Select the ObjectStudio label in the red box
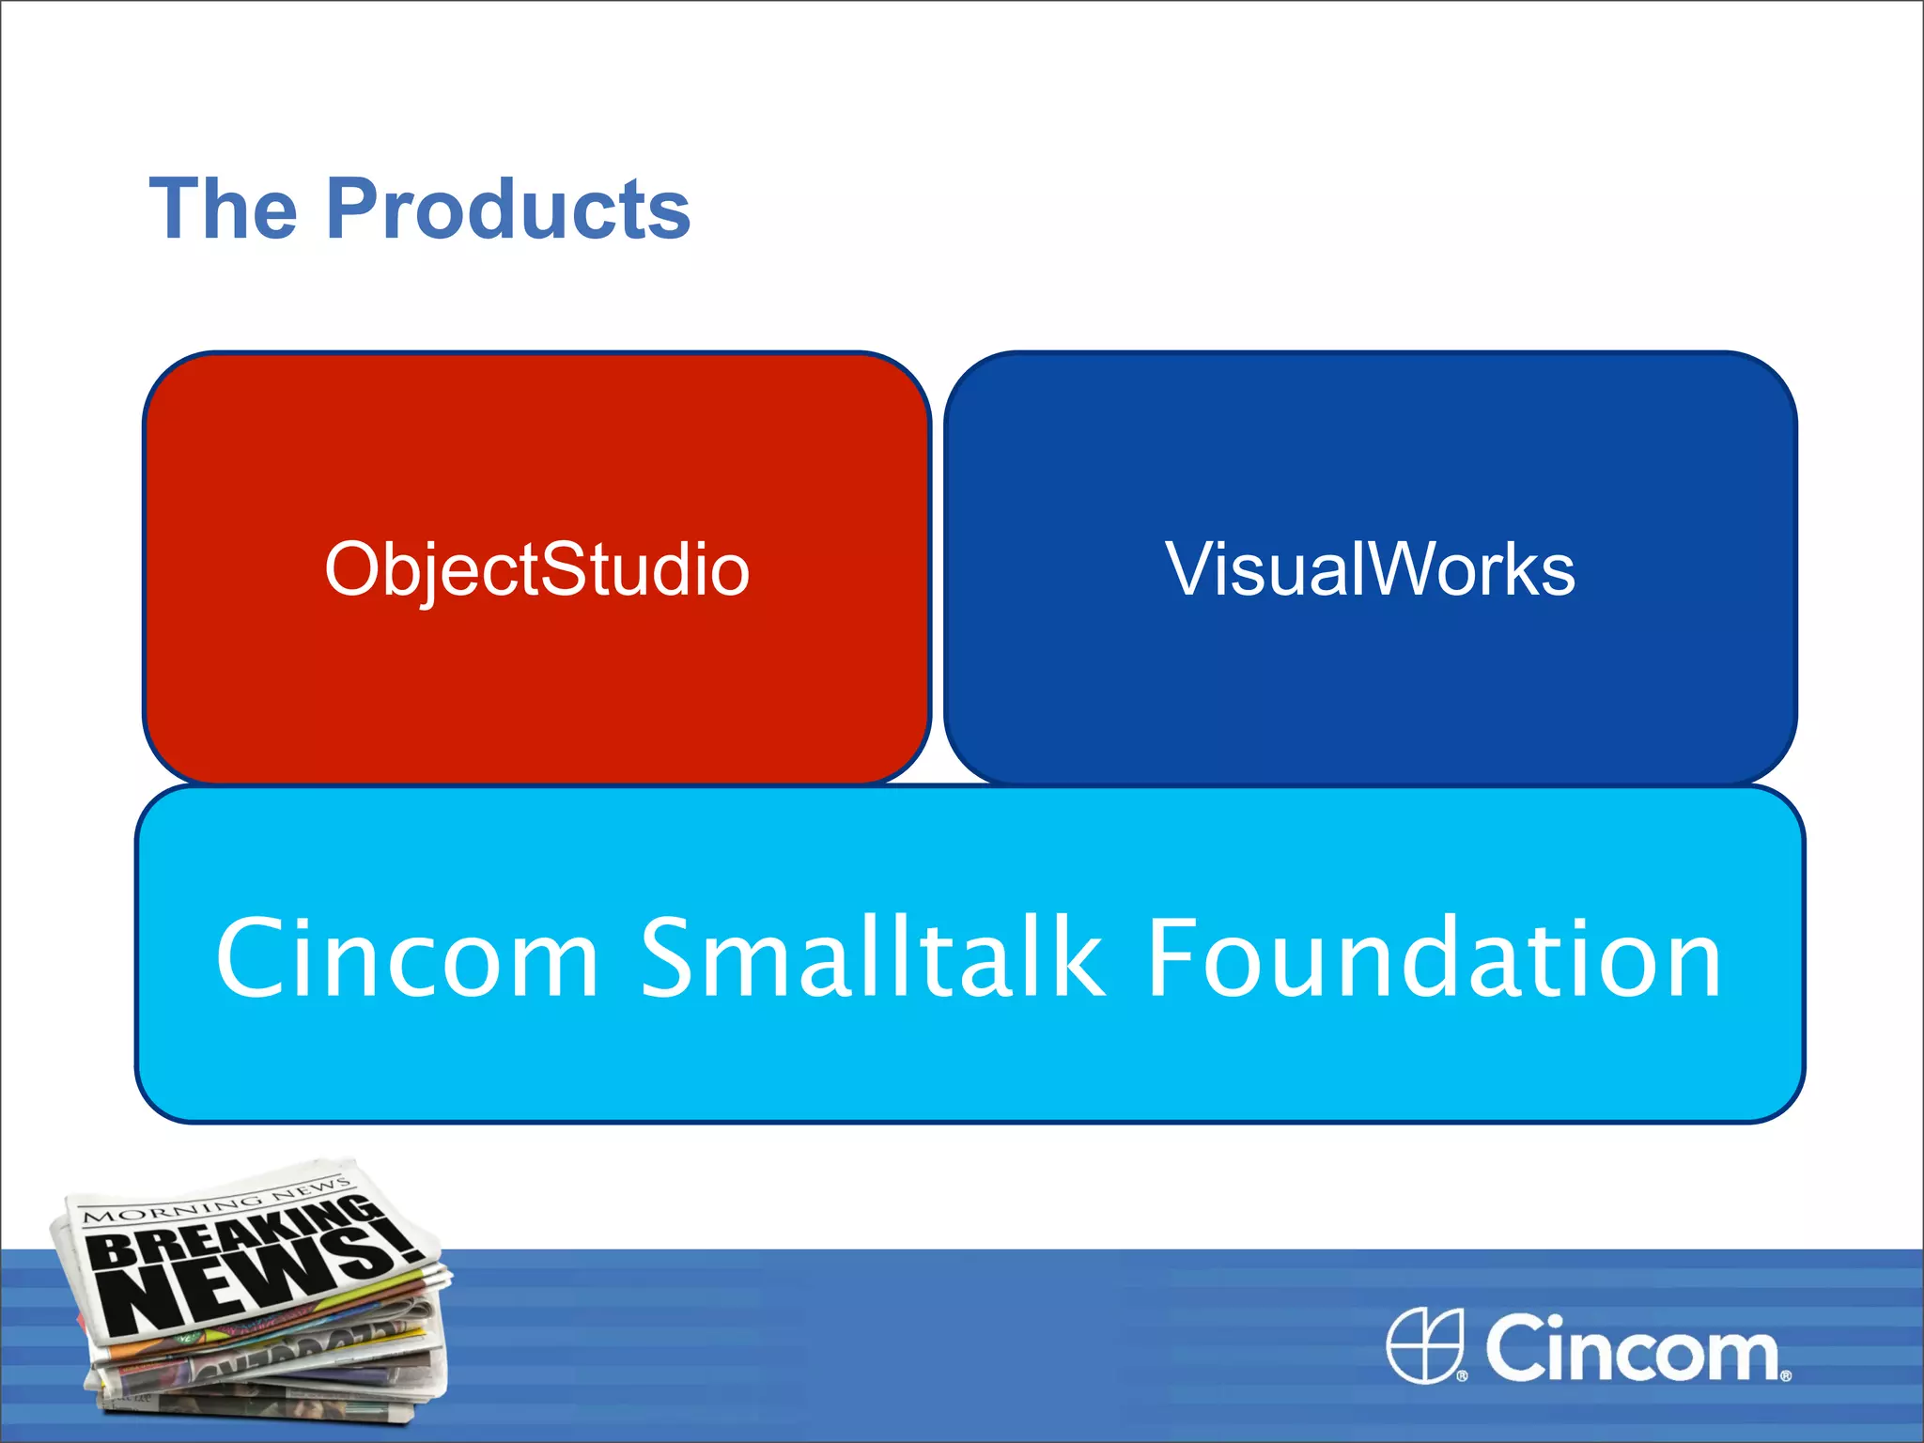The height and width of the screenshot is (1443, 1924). (x=536, y=570)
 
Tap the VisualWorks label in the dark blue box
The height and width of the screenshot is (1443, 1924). (x=1370, y=570)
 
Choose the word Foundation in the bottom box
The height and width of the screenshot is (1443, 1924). (x=1435, y=958)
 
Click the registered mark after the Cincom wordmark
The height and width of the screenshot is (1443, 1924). (x=1786, y=1375)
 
